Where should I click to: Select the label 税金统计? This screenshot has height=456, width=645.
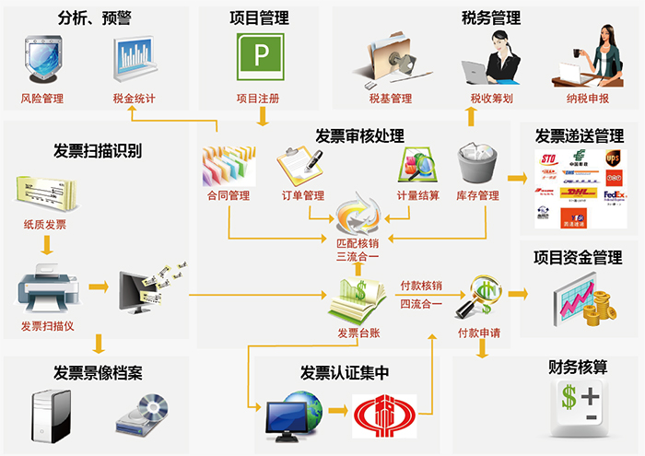pos(135,99)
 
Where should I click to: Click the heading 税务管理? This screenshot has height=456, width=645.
pos(491,18)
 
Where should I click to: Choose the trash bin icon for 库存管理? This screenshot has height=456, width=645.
pos(477,166)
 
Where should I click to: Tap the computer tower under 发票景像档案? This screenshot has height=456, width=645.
pos(50,412)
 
